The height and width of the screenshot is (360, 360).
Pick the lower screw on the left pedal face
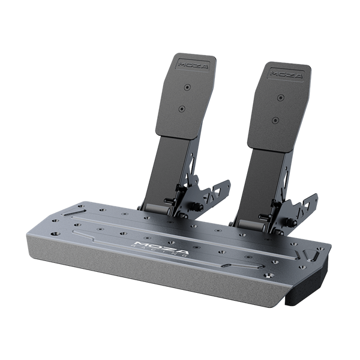tap(181, 109)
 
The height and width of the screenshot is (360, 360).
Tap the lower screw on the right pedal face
tap(274, 119)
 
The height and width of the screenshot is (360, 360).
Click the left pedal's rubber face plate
tap(184, 96)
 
